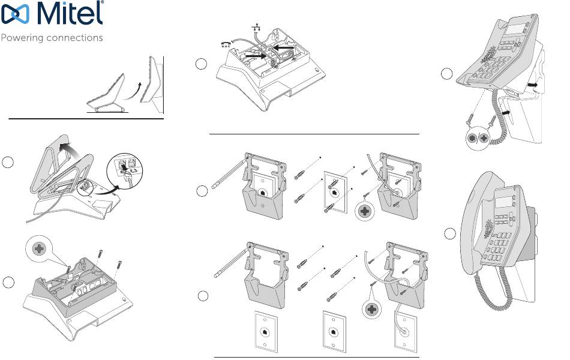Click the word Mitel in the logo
70,13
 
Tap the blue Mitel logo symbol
15,14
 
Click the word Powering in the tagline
22,38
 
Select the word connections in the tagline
75,37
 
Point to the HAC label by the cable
226,46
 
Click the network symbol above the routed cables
256,26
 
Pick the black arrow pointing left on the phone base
284,47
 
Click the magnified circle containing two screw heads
478,138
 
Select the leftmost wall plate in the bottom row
265,331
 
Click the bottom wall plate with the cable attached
405,331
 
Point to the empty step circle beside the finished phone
449,234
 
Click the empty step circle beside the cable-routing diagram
201,64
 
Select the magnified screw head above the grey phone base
39,249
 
